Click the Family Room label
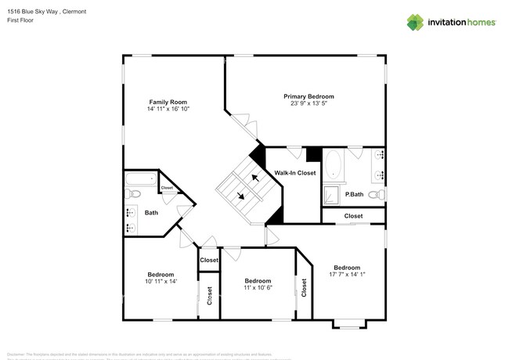(168, 102)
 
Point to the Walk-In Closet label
(294, 173)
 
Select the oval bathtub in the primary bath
(334, 165)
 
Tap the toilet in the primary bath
(375, 194)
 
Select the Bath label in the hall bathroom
(151, 212)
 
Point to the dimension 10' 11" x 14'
(161, 281)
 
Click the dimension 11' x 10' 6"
(258, 287)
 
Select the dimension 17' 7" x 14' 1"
(347, 274)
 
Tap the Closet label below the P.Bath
(353, 216)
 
